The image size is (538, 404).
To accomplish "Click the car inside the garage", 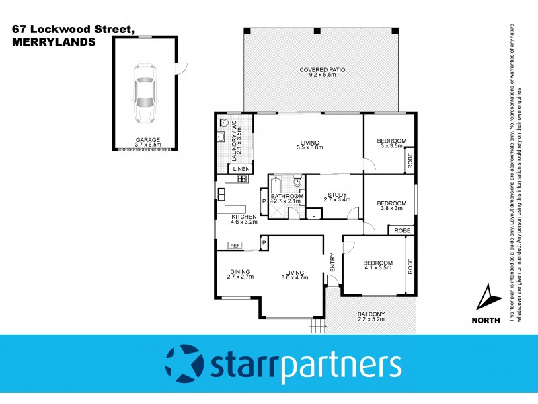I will pyautogui.click(x=144, y=94).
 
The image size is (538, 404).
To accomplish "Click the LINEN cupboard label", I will pyautogui.click(x=241, y=168).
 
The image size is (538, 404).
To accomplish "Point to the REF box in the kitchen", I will pyautogui.click(x=235, y=246).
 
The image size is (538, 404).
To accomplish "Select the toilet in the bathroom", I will pyautogui.click(x=297, y=180).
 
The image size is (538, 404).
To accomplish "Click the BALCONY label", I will pyautogui.click(x=371, y=314).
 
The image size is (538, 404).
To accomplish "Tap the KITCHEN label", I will pyautogui.click(x=243, y=216).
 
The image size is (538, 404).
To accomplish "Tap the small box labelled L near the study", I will pyautogui.click(x=314, y=214).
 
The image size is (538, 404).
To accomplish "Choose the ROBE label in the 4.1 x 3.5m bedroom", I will pyautogui.click(x=410, y=266).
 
